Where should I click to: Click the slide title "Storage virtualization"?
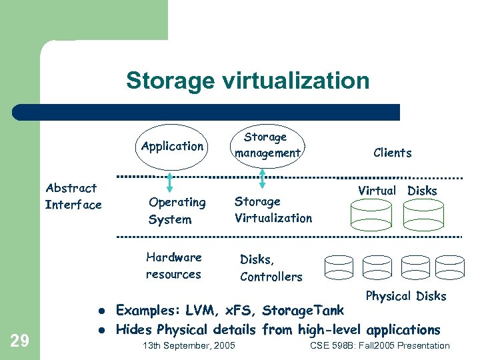[x=247, y=81]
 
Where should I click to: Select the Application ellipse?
[x=173, y=146]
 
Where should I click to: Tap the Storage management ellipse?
[x=266, y=145]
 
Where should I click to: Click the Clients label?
[x=393, y=153]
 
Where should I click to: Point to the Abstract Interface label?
[x=73, y=197]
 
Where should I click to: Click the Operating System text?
[x=177, y=210]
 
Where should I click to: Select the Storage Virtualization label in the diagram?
[x=273, y=209]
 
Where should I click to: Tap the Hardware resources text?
[x=173, y=265]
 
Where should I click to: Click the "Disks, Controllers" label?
[x=271, y=268]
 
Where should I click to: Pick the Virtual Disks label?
[x=397, y=191]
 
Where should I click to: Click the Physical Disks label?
[x=406, y=296]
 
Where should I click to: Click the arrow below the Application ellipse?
[x=171, y=181]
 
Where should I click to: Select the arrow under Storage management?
[x=263, y=179]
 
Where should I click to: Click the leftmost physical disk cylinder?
[x=339, y=266]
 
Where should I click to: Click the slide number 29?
[x=21, y=341]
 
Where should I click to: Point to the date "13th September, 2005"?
[x=189, y=345]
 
